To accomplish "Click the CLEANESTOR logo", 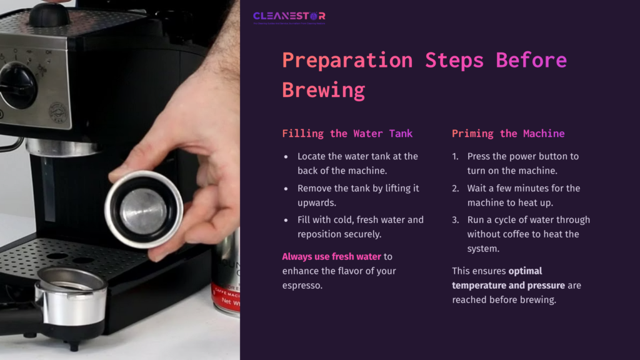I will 289,17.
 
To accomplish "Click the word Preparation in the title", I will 347,61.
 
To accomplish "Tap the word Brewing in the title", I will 323,90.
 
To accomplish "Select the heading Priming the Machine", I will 508,134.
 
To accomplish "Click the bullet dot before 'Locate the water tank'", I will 286,156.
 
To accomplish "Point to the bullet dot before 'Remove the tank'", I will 286,188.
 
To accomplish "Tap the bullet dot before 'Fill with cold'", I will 286,220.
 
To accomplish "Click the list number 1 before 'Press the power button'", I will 456,156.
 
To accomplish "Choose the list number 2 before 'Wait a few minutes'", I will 456,188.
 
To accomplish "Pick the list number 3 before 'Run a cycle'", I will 456,220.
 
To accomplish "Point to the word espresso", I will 303,286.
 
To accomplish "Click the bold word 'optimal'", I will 525,271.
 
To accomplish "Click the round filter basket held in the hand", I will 143,209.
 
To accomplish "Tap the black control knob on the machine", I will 17,85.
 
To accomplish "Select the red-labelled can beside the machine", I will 226,275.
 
